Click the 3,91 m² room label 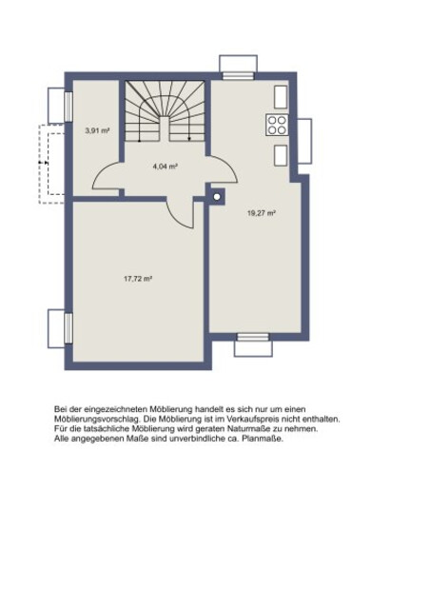pyautogui.click(x=97, y=130)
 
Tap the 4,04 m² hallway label pyautogui.click(x=166, y=167)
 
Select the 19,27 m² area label pyautogui.click(x=262, y=213)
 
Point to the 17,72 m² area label pyautogui.click(x=138, y=279)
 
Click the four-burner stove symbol pyautogui.click(x=277, y=125)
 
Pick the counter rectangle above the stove pyautogui.click(x=281, y=97)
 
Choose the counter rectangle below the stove pyautogui.click(x=281, y=155)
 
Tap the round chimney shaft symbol pyautogui.click(x=217, y=197)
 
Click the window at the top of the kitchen pyautogui.click(x=238, y=76)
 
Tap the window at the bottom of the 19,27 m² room pyautogui.click(x=253, y=337)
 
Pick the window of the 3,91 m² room pyautogui.click(x=68, y=106)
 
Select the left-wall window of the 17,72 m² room pyautogui.click(x=68, y=328)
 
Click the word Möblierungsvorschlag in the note pyautogui.click(x=96, y=420)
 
